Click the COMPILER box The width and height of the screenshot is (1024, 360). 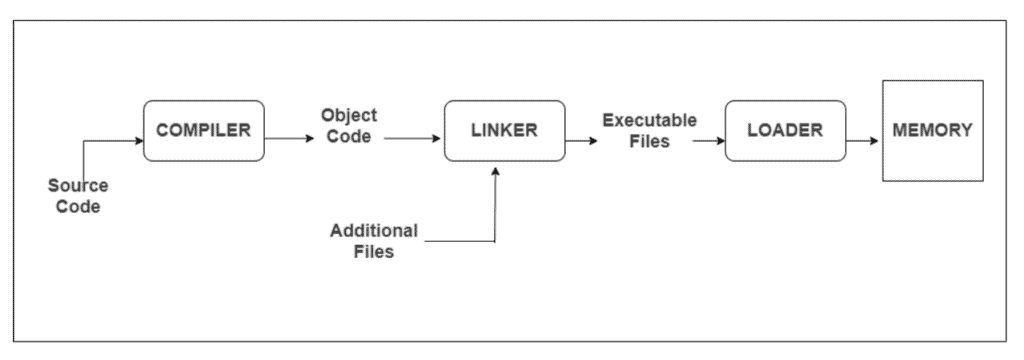click(204, 131)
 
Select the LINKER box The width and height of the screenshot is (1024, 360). click(505, 131)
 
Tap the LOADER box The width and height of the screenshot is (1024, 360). click(785, 131)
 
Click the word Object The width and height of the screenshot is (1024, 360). click(349, 115)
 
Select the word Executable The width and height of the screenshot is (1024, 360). click(649, 120)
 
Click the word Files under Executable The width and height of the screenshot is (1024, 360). click(649, 142)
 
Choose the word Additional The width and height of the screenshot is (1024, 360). click(375, 231)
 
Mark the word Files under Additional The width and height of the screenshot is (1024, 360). click(375, 251)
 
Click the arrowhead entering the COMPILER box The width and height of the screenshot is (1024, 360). click(139, 142)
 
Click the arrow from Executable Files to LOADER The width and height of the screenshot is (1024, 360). click(708, 142)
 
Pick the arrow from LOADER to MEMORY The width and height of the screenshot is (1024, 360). click(862, 142)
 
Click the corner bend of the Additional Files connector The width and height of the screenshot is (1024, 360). click(495, 241)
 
